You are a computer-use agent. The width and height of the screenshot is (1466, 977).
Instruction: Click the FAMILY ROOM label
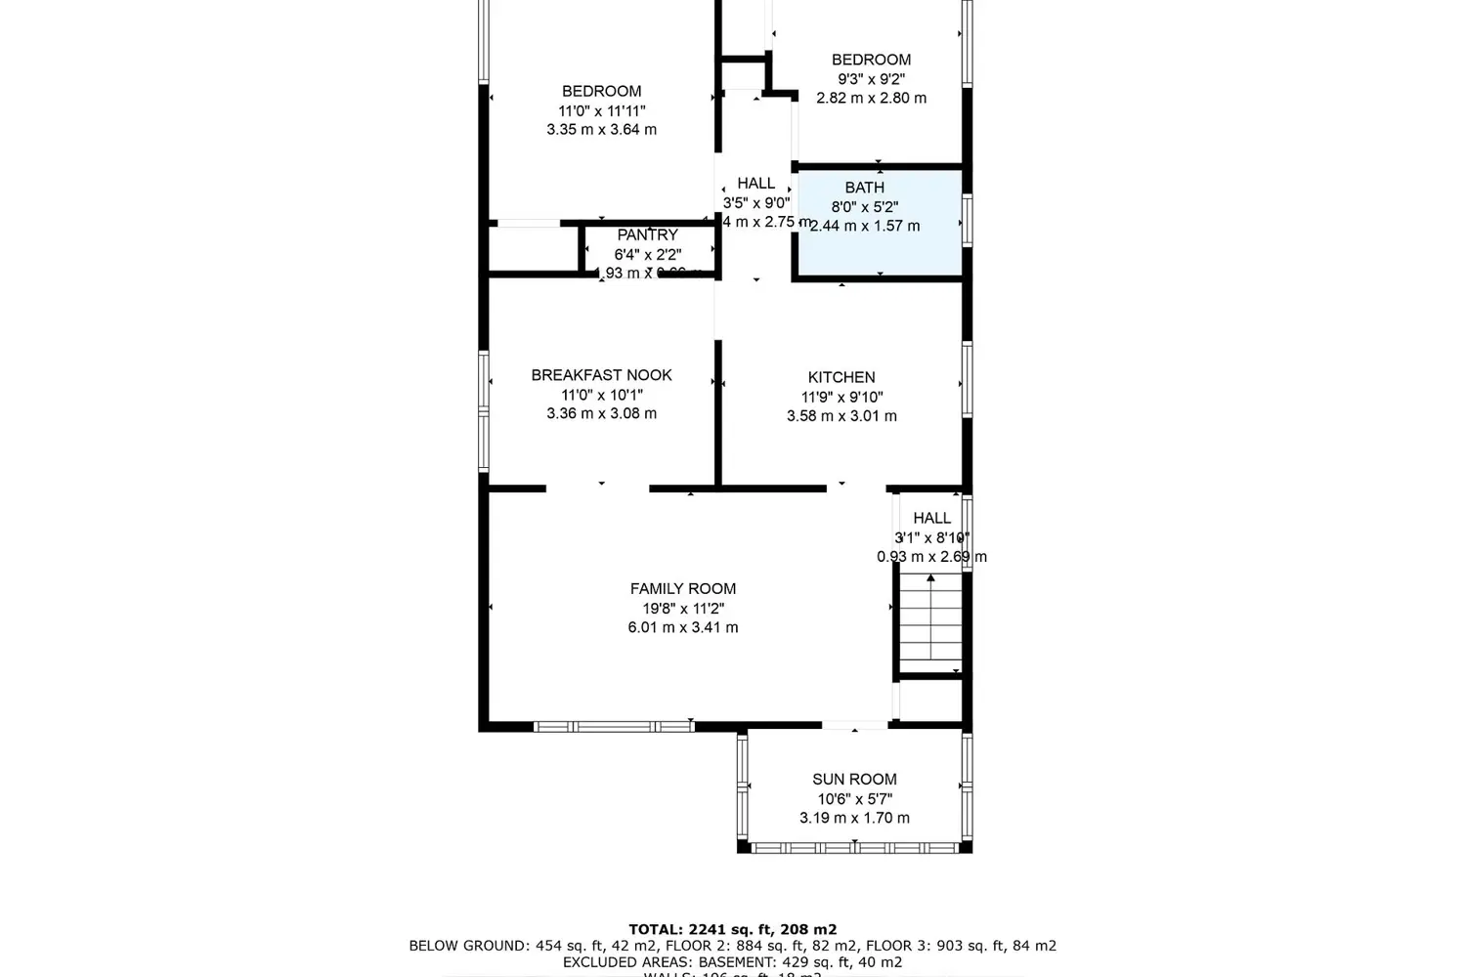click(682, 588)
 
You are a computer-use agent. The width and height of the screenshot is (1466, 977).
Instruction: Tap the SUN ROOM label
click(854, 779)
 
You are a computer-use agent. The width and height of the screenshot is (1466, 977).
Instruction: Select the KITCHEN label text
click(841, 377)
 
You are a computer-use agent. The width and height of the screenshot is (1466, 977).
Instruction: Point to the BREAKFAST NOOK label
click(601, 375)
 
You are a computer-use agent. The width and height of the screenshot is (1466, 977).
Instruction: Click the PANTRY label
click(647, 235)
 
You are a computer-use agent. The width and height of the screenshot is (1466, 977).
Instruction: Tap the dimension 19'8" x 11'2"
click(682, 609)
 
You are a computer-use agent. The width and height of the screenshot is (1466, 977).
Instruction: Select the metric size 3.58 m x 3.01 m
click(841, 416)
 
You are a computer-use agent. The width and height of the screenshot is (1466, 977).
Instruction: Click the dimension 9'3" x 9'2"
click(871, 79)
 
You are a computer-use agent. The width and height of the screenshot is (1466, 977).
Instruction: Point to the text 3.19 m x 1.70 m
click(854, 818)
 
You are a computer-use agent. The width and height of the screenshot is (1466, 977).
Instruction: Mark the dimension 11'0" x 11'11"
click(601, 111)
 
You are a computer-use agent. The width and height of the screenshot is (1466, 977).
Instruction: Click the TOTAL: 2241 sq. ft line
click(732, 930)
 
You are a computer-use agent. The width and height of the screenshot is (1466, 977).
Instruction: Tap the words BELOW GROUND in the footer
click(468, 946)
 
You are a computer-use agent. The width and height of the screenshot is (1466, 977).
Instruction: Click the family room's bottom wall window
click(614, 726)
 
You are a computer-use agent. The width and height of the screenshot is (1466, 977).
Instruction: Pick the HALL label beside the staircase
click(931, 518)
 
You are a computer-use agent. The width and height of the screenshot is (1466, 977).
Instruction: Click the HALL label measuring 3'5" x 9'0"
click(755, 184)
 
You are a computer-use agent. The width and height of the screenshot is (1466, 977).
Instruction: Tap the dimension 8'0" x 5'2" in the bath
click(864, 207)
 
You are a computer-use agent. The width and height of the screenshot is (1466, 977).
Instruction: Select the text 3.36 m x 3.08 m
click(601, 414)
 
